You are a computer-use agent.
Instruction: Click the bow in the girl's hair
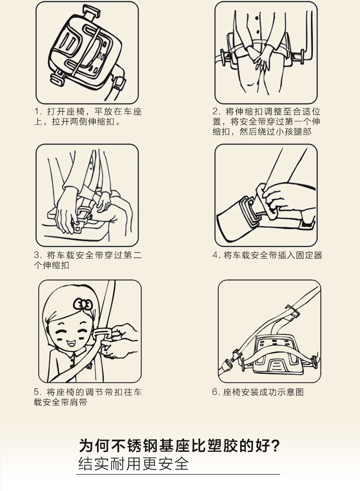pyautogui.click(x=83, y=304)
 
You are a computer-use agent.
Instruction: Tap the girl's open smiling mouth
pyautogui.click(x=71, y=343)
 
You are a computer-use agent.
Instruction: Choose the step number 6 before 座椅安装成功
pyautogui.click(x=216, y=392)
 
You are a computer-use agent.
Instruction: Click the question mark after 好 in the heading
pyautogui.click(x=275, y=445)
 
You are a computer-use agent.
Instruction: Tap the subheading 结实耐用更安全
pyautogui.click(x=134, y=464)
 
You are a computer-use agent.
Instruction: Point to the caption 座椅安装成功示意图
pyautogui.click(x=263, y=392)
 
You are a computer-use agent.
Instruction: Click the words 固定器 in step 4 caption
pyautogui.click(x=309, y=255)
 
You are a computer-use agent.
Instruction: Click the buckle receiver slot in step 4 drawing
pyautogui.click(x=251, y=209)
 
